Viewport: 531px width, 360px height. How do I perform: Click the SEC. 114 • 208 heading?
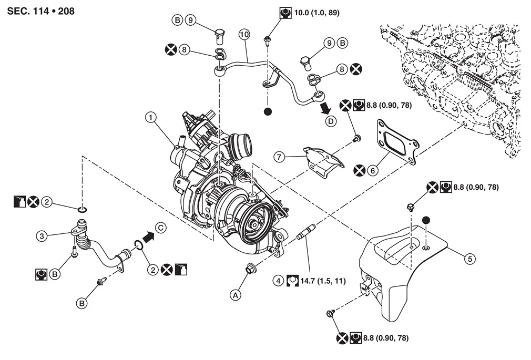(40, 11)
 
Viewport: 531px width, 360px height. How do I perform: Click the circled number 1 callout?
(151, 118)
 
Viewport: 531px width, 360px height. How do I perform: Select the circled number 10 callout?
(244, 34)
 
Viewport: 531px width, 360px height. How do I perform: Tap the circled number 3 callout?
(42, 236)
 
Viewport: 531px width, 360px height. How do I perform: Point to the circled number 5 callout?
(469, 259)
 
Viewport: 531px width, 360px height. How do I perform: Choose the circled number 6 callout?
(373, 170)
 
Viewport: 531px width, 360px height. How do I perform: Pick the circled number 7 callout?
(279, 157)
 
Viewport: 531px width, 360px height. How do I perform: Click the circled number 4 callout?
(278, 281)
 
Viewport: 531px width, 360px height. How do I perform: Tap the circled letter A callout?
(236, 295)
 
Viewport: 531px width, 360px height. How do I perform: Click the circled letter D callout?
(331, 121)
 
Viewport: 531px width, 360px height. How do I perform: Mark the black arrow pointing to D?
(325, 108)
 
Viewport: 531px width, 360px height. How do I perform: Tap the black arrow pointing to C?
(149, 236)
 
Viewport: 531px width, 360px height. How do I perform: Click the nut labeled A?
(250, 268)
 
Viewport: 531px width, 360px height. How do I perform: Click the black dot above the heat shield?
(426, 220)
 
